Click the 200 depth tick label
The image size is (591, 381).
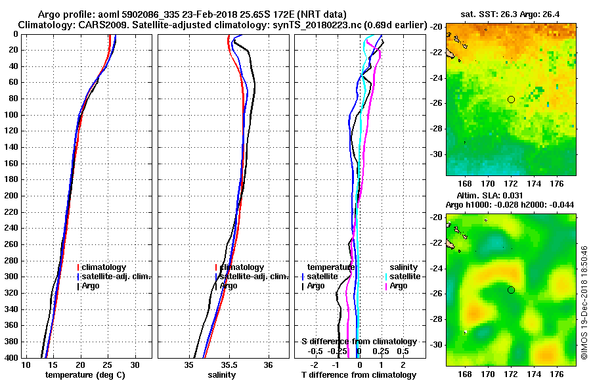[x=11, y=196]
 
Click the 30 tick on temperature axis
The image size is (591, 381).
[x=135, y=365]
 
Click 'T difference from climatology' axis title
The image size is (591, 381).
[x=359, y=374]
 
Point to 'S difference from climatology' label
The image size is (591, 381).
[x=359, y=342]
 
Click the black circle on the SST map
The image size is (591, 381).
[x=511, y=99]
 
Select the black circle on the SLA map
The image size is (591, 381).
[x=511, y=290]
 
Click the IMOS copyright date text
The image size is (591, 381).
[x=584, y=299]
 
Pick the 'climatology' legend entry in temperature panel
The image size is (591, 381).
[x=104, y=267]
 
